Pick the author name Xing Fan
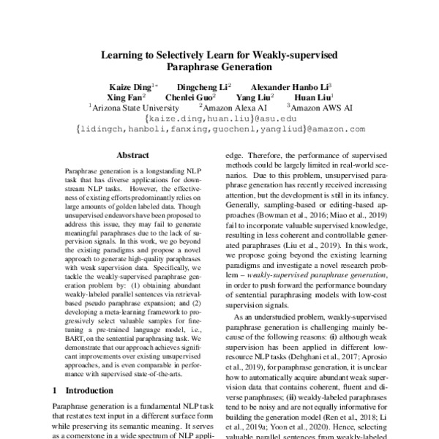[x=125, y=97]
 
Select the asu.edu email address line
[x=219, y=118]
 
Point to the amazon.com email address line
[x=219, y=129]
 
